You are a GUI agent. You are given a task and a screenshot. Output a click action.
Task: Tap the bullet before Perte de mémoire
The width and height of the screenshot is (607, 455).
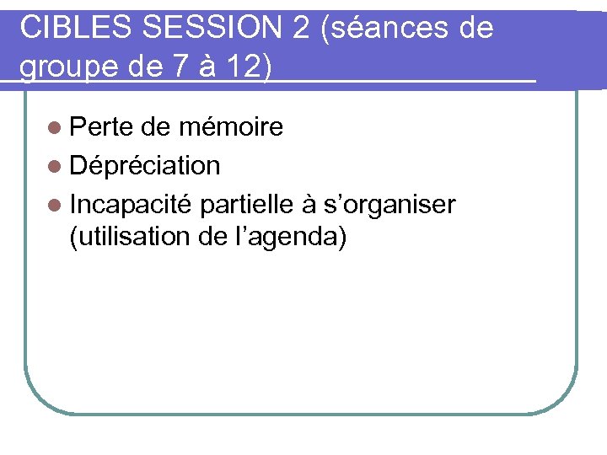point(56,127)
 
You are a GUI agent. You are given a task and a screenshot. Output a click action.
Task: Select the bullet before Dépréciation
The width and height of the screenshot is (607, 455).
point(56,166)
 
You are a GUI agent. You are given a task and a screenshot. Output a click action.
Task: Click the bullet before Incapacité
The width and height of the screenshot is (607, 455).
point(56,205)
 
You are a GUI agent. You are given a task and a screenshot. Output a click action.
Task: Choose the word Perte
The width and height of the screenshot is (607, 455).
point(103,127)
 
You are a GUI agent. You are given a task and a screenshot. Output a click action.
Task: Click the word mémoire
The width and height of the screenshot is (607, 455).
point(231,127)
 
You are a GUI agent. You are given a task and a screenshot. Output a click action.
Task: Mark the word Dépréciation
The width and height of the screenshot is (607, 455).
point(146,166)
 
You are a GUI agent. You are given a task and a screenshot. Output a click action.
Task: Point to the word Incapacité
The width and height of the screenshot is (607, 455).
point(132,205)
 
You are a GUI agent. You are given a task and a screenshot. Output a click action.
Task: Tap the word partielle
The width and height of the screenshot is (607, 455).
point(248,205)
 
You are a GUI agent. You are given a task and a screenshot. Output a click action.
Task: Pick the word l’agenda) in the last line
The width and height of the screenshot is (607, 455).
point(292,238)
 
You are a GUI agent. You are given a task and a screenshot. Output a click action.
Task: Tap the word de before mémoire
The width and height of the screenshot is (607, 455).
point(158,127)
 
